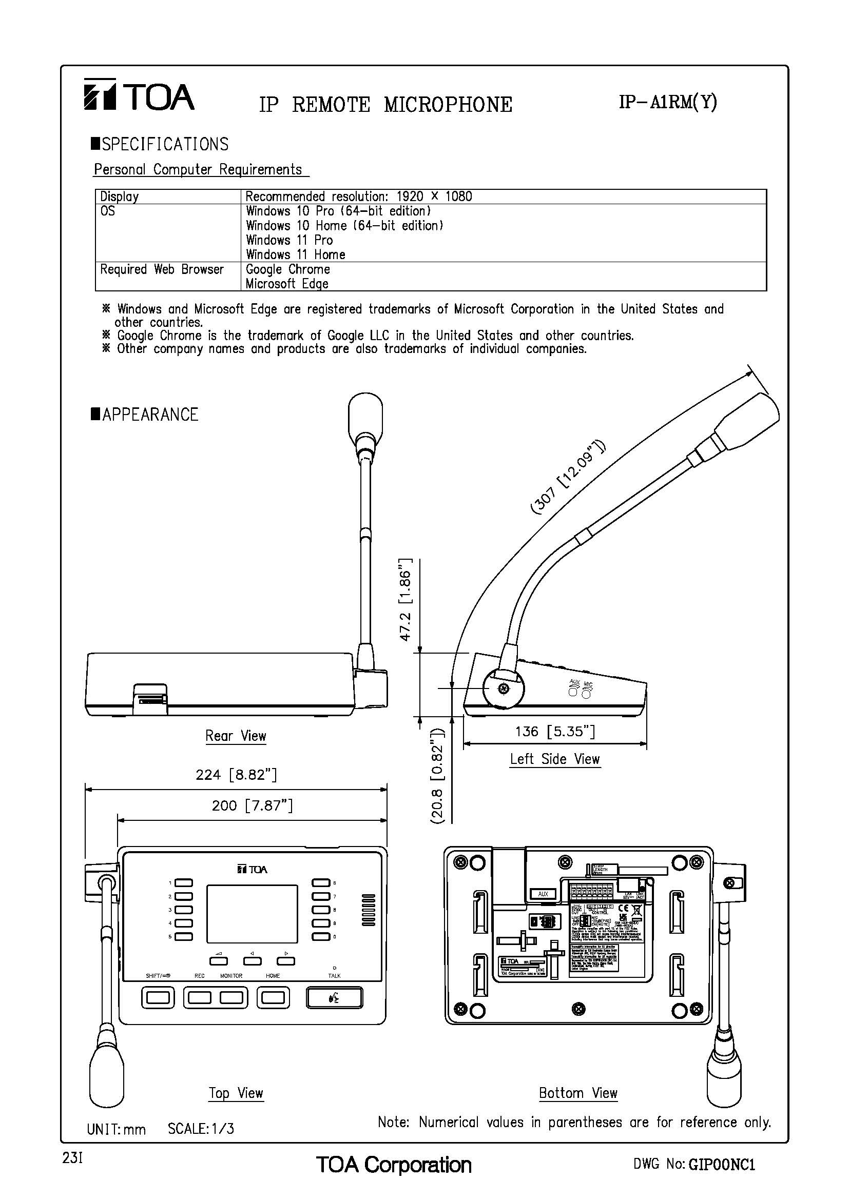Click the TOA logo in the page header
click(139, 95)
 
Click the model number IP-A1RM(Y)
click(668, 103)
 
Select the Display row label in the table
click(120, 196)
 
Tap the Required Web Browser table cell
click(162, 269)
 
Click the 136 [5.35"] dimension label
click(555, 731)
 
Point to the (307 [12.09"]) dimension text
click(568, 477)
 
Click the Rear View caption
click(236, 736)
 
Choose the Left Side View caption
click(555, 759)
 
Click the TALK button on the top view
click(334, 998)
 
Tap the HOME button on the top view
click(273, 998)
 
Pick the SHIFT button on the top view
click(158, 998)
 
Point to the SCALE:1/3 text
click(201, 1129)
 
